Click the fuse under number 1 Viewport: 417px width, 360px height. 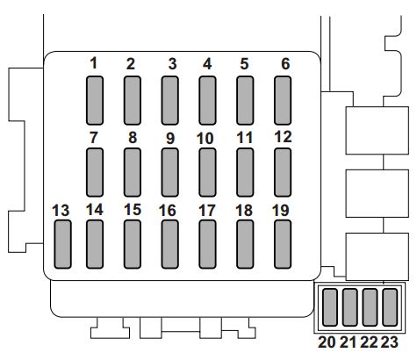[95, 100]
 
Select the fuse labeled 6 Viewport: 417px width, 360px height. [283, 100]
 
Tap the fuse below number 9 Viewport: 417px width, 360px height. [169, 172]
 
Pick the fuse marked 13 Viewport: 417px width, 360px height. [62, 244]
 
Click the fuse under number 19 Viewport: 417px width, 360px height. [283, 244]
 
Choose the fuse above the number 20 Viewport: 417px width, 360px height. [330, 307]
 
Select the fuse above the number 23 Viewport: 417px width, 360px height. [390, 307]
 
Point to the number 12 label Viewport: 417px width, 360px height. [283, 137]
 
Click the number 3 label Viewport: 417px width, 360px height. [172, 64]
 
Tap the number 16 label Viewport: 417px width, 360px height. [168, 211]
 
